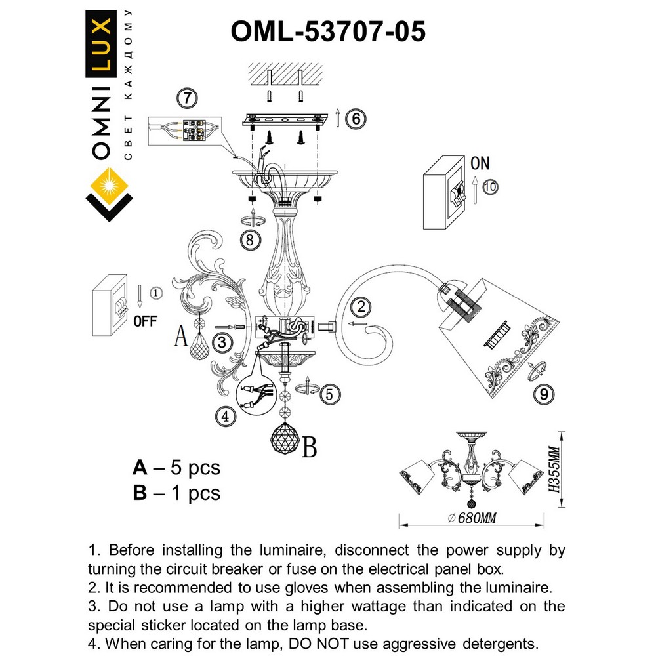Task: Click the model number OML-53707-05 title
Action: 328,31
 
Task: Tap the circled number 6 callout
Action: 355,119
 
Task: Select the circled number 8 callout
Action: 249,240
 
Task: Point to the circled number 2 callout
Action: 360,306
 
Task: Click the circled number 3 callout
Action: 223,342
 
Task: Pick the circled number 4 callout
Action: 225,416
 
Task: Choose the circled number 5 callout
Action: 331,394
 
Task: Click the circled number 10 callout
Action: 489,186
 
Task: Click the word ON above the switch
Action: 480,163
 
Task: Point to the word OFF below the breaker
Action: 145,321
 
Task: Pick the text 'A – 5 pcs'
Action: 176,468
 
